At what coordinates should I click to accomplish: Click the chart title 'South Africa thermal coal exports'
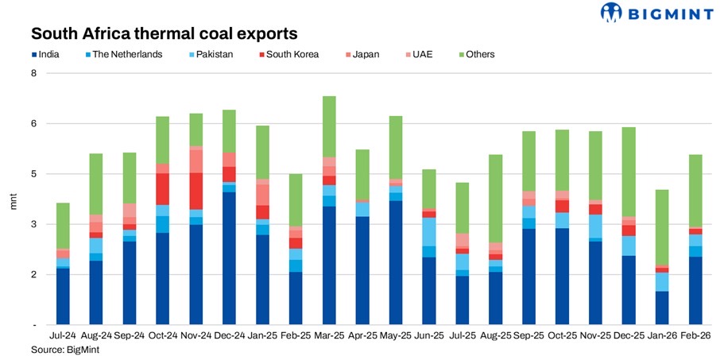164,33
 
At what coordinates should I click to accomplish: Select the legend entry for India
49,54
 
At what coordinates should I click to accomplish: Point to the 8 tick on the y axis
34,73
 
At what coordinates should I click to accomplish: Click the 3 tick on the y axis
34,224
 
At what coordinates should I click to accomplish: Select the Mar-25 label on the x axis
329,337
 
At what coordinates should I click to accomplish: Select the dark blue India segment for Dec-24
230,258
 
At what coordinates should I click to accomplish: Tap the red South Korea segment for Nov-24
195,191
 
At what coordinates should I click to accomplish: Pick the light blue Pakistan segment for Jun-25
428,231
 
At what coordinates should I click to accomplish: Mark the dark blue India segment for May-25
395,262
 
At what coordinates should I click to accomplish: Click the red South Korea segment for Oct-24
162,189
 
